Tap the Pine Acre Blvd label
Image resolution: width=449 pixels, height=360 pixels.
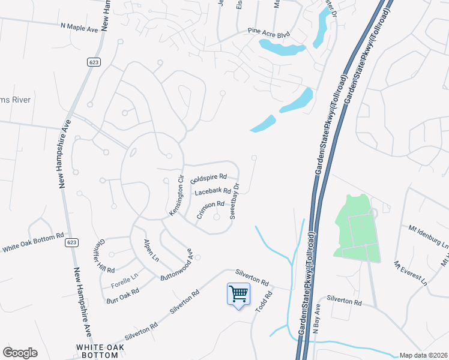pos(269,32)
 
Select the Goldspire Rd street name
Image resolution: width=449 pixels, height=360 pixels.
pos(208,178)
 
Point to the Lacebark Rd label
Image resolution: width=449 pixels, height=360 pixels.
pos(213,191)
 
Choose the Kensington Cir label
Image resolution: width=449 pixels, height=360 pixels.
pos(175,196)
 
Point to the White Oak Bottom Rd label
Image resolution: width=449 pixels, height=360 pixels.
pos(33,242)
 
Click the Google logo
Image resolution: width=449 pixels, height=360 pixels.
pos(20,353)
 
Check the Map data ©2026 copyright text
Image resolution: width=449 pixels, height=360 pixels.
pos(423,355)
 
